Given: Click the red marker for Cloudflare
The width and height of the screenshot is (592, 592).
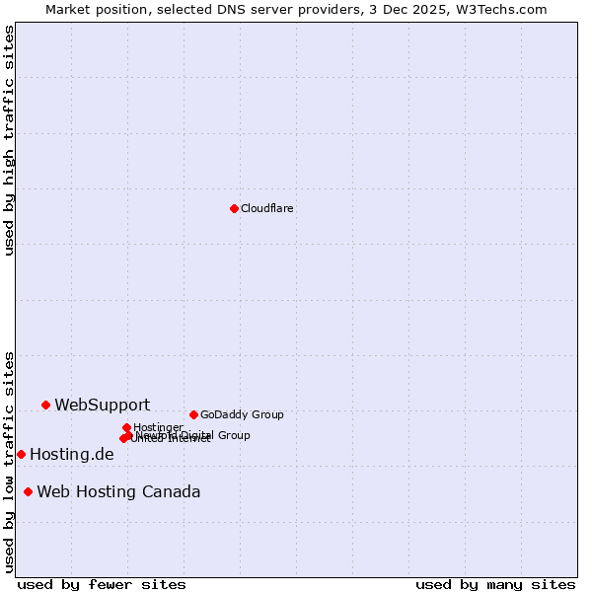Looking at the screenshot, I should (x=234, y=208).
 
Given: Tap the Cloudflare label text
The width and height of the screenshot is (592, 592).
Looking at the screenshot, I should (x=267, y=208).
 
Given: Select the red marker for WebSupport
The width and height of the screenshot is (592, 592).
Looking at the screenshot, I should (x=45, y=405).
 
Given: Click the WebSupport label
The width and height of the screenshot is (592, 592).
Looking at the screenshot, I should (x=103, y=405).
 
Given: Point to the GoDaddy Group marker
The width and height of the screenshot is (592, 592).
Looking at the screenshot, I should (x=193, y=414).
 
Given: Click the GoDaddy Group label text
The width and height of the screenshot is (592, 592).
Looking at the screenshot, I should (x=242, y=414).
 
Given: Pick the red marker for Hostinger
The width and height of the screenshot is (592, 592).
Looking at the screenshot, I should (x=126, y=427).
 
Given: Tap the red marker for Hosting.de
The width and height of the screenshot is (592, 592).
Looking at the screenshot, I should (x=21, y=454).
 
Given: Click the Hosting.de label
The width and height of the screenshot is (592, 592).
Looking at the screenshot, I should (x=72, y=455).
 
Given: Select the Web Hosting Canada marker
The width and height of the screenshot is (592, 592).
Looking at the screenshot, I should (x=28, y=491).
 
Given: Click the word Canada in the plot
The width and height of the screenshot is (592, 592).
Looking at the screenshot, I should (x=169, y=492).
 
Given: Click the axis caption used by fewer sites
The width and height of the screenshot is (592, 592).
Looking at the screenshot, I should (x=102, y=584).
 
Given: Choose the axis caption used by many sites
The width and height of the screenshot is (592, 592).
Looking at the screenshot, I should (x=495, y=584).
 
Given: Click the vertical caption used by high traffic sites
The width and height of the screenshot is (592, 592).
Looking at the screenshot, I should (x=9, y=140).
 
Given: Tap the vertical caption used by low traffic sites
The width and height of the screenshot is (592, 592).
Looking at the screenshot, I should (x=9, y=461).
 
